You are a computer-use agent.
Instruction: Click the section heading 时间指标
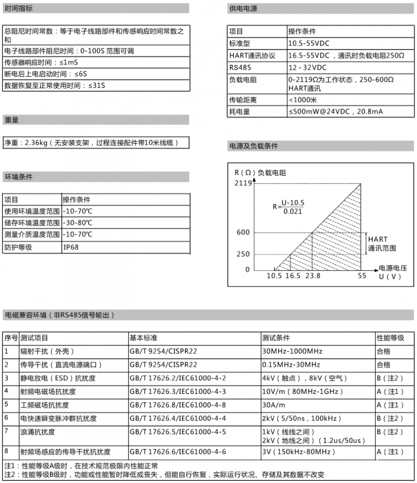18,8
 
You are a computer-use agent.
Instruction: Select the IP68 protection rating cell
71,247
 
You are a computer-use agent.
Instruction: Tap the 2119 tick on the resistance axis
243,183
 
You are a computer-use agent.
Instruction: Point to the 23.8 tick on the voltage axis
313,276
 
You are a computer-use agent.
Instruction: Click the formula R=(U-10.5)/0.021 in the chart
288,206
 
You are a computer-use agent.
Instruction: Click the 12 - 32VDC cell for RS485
307,68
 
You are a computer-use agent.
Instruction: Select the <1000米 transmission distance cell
303,100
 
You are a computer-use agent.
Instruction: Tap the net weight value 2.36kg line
91,143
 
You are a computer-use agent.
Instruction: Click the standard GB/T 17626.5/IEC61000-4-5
178,432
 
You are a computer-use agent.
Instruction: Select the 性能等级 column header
390,338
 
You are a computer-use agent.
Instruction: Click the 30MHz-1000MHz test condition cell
292,351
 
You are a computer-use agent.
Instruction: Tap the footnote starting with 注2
164,475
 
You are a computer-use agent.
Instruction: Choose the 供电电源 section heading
243,8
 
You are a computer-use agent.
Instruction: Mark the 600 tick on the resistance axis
243,232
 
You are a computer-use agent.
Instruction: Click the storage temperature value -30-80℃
78,222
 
